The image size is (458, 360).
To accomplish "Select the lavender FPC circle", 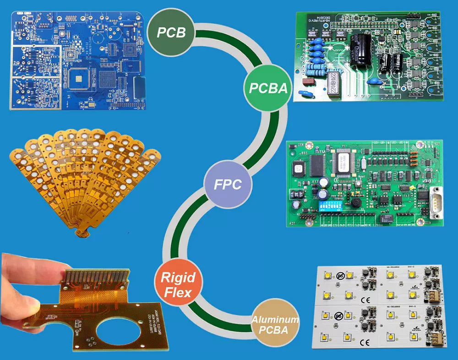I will click(228, 185).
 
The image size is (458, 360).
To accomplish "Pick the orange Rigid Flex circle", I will click(177, 284).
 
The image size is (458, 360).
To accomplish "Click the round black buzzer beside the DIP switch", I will click(353, 203).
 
